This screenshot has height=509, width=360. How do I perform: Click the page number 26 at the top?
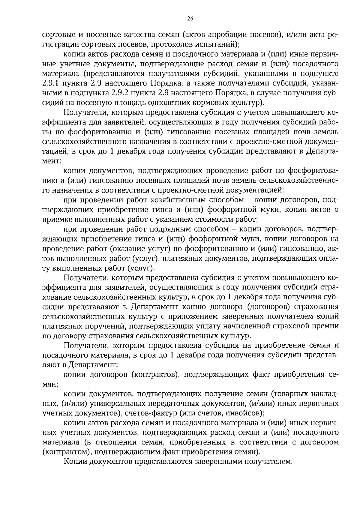190,19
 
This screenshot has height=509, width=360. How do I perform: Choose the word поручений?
105,326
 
